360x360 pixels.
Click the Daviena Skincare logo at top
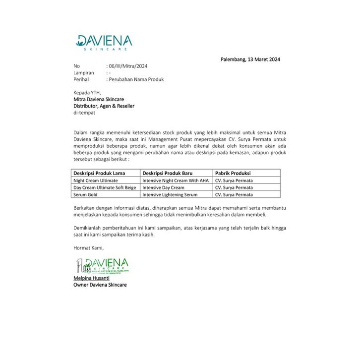pyautogui.click(x=104, y=42)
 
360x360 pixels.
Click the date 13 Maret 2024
pyautogui.click(x=250, y=60)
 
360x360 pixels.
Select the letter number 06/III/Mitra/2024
pyautogui.click(x=127, y=66)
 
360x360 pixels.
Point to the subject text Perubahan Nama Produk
pyautogui.click(x=135, y=79)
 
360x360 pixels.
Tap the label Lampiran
pyautogui.click(x=84, y=72)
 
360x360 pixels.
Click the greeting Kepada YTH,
pyautogui.click(x=87, y=92)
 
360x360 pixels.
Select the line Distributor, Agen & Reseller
pyautogui.click(x=104, y=106)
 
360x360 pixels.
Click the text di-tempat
pyautogui.click(x=84, y=113)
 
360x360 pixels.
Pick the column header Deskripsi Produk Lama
pyautogui.click(x=99, y=173)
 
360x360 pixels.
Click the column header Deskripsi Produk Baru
pyautogui.click(x=170, y=173)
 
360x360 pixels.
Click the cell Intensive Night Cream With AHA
pyautogui.click(x=176, y=180)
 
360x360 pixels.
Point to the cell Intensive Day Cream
pyautogui.click(x=163, y=187)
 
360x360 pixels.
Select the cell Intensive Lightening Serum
pyautogui.click(x=170, y=195)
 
